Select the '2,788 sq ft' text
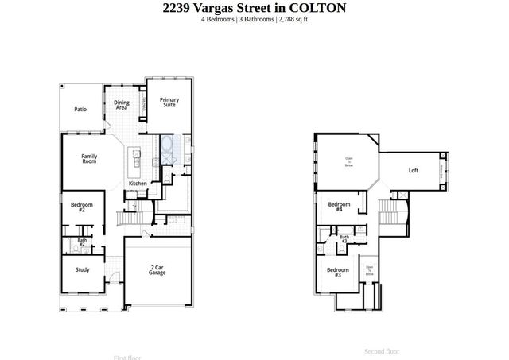[293, 19]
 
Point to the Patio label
[80, 110]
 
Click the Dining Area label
[121, 105]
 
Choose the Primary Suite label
[169, 102]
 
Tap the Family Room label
[89, 158]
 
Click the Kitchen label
[138, 184]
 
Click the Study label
[83, 269]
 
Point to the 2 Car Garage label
[157, 270]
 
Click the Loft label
[413, 170]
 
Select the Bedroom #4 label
[336, 207]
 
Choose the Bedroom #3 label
[333, 272]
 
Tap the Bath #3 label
[344, 238]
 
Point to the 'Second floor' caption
[382, 350]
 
